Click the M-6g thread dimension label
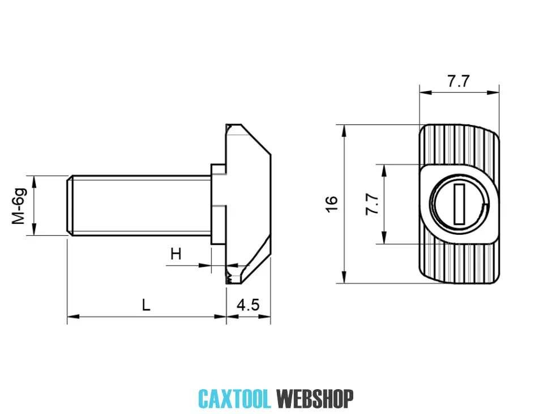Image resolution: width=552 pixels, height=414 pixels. pos(19,206)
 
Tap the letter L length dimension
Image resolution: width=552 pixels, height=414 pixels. pos(146,305)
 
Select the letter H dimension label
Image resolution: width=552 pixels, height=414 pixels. pos(176,253)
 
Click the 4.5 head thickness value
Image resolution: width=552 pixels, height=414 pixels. pos(248,305)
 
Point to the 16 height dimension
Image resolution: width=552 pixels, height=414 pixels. pos(332,204)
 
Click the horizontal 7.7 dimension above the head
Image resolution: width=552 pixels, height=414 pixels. pos(459,81)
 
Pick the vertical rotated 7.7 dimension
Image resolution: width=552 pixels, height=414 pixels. pos(372,204)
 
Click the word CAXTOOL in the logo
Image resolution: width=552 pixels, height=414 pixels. pos(234,399)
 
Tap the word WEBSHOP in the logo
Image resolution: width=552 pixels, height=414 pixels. pos(315,399)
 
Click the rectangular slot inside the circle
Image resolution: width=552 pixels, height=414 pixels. pos(459,204)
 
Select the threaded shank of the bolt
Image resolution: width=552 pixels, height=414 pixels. pos(139,205)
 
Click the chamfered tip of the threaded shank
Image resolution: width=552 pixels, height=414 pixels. pos(70,205)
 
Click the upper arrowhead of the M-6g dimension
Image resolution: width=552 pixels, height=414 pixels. pos(34,182)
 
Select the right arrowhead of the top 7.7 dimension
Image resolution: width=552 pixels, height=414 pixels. pos(493,93)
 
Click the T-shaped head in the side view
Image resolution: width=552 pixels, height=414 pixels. pos(248,204)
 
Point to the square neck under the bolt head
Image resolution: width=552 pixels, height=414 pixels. pos(219,204)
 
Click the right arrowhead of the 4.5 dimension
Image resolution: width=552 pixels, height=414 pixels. pos(265,317)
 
